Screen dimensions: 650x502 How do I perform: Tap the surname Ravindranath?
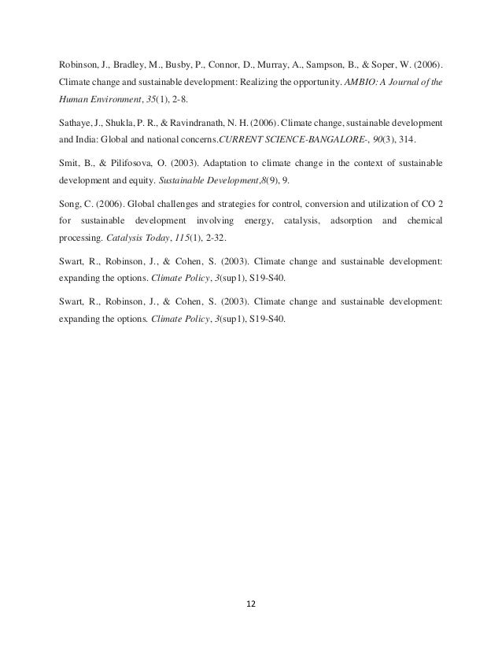(202, 124)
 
